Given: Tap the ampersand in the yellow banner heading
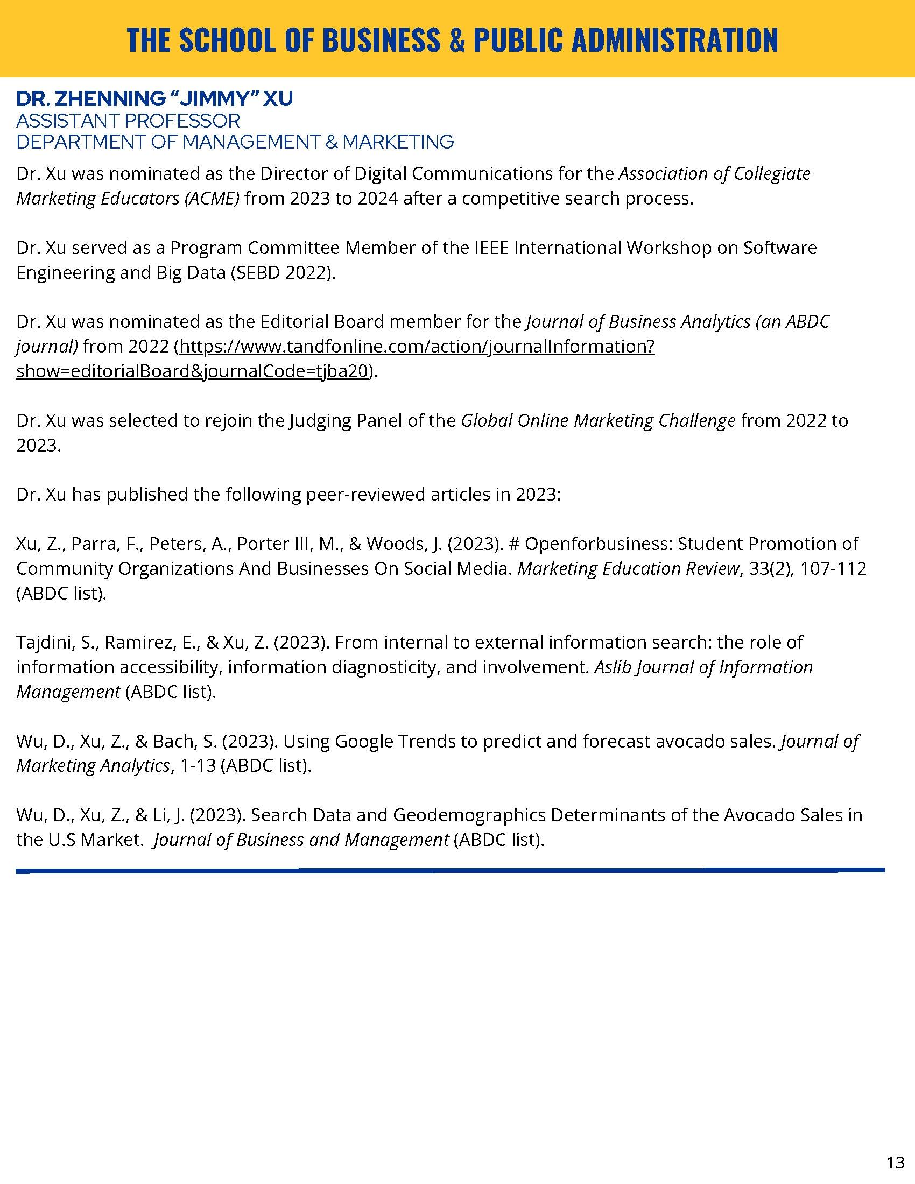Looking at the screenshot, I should pyautogui.click(x=457, y=40).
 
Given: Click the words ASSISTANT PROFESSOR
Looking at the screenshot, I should pyautogui.click(x=128, y=121).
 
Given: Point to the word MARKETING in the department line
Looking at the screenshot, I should pyautogui.click(x=398, y=142).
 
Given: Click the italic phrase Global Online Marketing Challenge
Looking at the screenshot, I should pyautogui.click(x=598, y=421).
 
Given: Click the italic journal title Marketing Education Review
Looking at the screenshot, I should pyautogui.click(x=628, y=569).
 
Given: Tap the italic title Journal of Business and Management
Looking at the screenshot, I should pyautogui.click(x=301, y=840).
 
